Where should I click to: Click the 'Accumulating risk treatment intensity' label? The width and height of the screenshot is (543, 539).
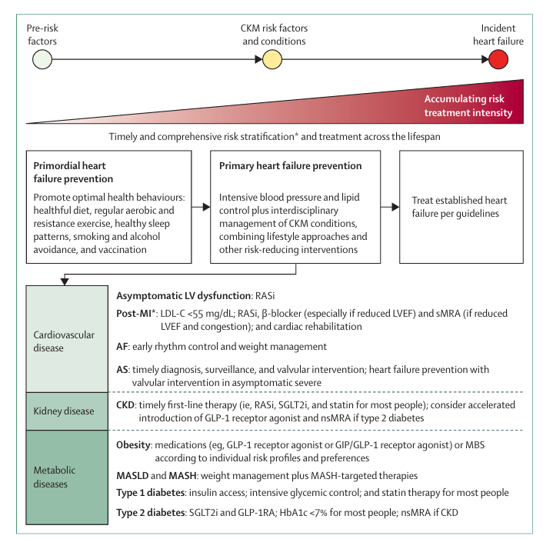click(468, 106)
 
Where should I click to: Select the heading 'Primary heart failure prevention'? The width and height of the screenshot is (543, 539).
click(291, 165)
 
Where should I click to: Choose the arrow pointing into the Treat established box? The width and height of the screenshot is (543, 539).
click(389, 206)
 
